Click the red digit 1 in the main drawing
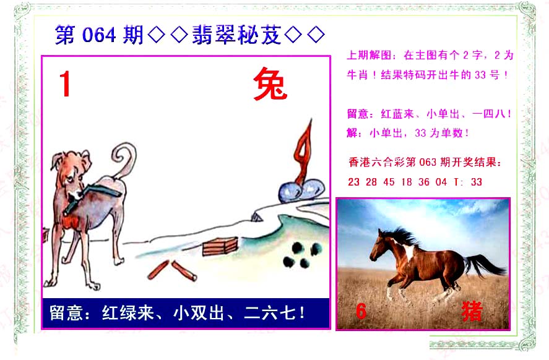[x=66, y=84]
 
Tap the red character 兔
[x=270, y=84]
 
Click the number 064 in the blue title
[x=99, y=35]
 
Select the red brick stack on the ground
[x=220, y=246]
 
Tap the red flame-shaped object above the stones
[x=303, y=152]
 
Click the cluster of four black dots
[x=302, y=255]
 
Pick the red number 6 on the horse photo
[x=361, y=311]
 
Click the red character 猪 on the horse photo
[x=472, y=311]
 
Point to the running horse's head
[x=380, y=246]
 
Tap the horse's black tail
[x=485, y=265]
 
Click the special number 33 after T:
[x=476, y=182]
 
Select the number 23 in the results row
[x=353, y=182]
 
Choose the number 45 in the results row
[x=389, y=182]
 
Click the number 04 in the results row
[x=441, y=182]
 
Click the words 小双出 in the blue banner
[x=199, y=312]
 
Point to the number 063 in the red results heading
[x=428, y=162]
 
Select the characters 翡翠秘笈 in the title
[x=236, y=35]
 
